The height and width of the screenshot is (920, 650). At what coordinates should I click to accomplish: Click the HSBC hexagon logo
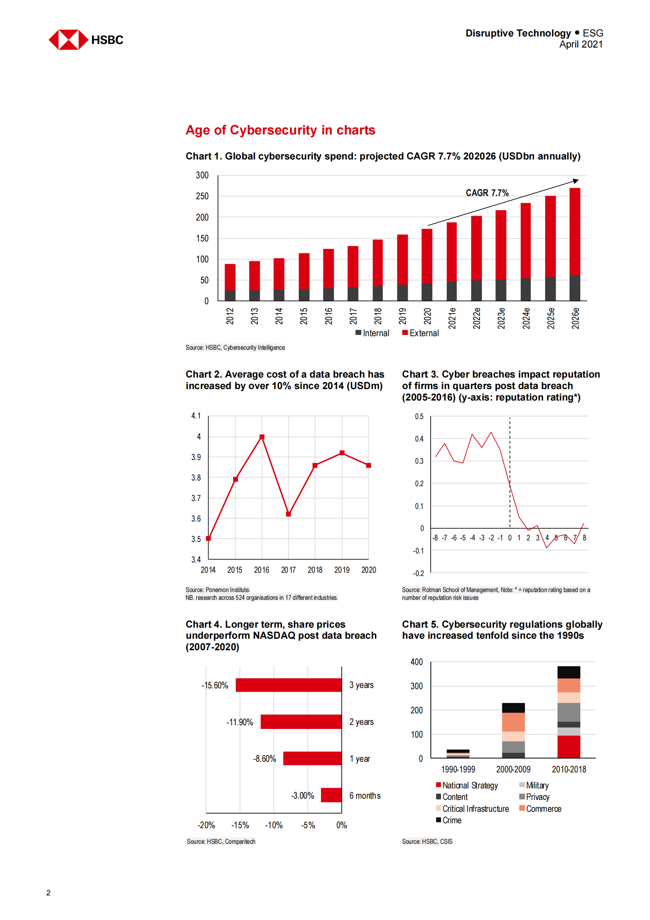click(68, 40)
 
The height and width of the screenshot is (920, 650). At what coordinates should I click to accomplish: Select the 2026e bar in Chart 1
click(575, 244)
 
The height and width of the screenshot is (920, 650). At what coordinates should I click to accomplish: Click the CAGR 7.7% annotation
click(487, 193)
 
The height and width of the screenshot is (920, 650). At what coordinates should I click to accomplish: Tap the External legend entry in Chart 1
click(421, 333)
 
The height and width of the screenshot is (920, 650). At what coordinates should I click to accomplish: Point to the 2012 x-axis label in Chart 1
click(230, 316)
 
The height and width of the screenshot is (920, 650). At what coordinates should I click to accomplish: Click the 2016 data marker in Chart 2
click(262, 437)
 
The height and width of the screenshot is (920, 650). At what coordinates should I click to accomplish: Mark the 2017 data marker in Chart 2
click(289, 514)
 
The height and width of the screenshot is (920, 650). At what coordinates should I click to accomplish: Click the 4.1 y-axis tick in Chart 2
click(196, 416)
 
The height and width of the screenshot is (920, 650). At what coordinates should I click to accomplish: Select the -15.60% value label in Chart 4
click(215, 685)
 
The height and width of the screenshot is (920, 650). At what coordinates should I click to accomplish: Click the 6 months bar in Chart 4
click(331, 795)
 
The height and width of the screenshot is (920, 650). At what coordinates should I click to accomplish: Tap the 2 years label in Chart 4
click(361, 722)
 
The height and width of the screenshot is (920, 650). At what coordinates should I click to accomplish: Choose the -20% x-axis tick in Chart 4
click(206, 825)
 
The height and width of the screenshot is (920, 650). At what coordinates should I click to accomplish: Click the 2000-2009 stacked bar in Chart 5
click(513, 731)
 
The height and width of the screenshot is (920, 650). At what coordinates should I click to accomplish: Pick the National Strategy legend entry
click(467, 786)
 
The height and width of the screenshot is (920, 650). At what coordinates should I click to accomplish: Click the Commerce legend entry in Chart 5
click(541, 808)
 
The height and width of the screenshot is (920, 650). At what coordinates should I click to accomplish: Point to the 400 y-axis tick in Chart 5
click(416, 662)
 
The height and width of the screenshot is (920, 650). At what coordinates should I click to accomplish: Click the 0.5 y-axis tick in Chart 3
click(419, 417)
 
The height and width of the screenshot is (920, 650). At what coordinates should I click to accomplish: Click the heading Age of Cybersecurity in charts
click(280, 130)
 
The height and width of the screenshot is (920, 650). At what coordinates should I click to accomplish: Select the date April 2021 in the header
click(581, 44)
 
